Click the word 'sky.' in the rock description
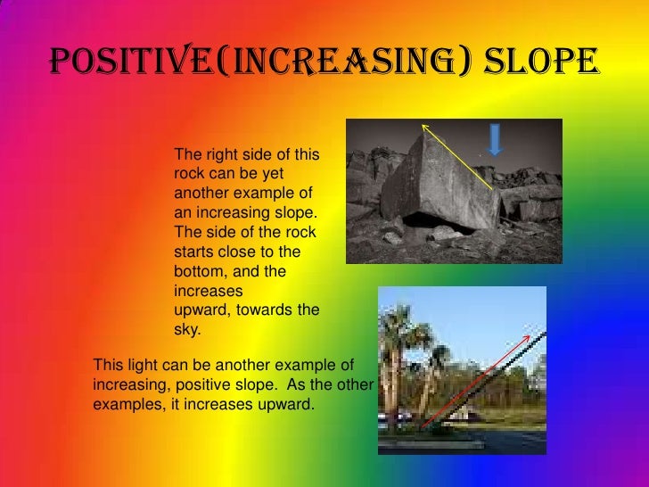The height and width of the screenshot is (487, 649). point(187,329)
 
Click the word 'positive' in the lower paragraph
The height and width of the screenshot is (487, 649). point(201,384)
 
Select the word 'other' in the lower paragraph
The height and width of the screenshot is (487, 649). point(360,384)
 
